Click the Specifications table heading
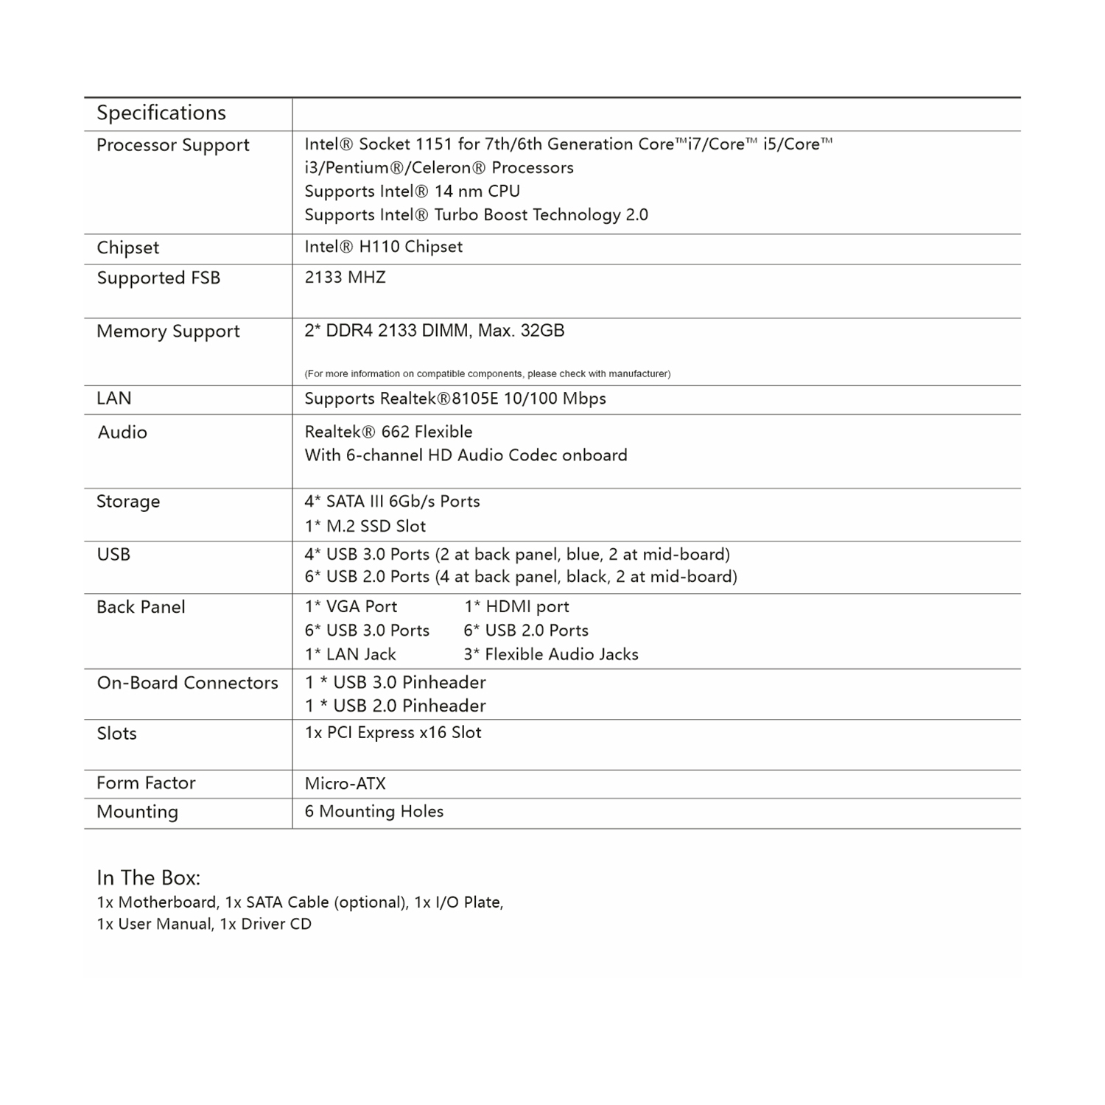coord(161,113)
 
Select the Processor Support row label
coord(173,145)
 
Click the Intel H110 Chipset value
coord(383,247)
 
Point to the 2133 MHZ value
coord(345,278)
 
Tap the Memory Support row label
coord(168,331)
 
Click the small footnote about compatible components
coord(487,374)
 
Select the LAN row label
coord(114,399)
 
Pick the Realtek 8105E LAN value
coord(455,399)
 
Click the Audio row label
coord(122,432)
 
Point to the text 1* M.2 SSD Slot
coord(365,526)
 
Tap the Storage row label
coord(128,502)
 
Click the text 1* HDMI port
coord(516,607)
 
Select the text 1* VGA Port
coord(351,607)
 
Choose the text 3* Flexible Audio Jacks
coord(550,655)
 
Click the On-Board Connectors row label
coord(188,683)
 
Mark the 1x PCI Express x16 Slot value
coord(393,733)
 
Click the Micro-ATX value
coord(345,784)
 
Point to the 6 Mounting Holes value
coord(373,812)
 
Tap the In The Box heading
coord(148,878)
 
